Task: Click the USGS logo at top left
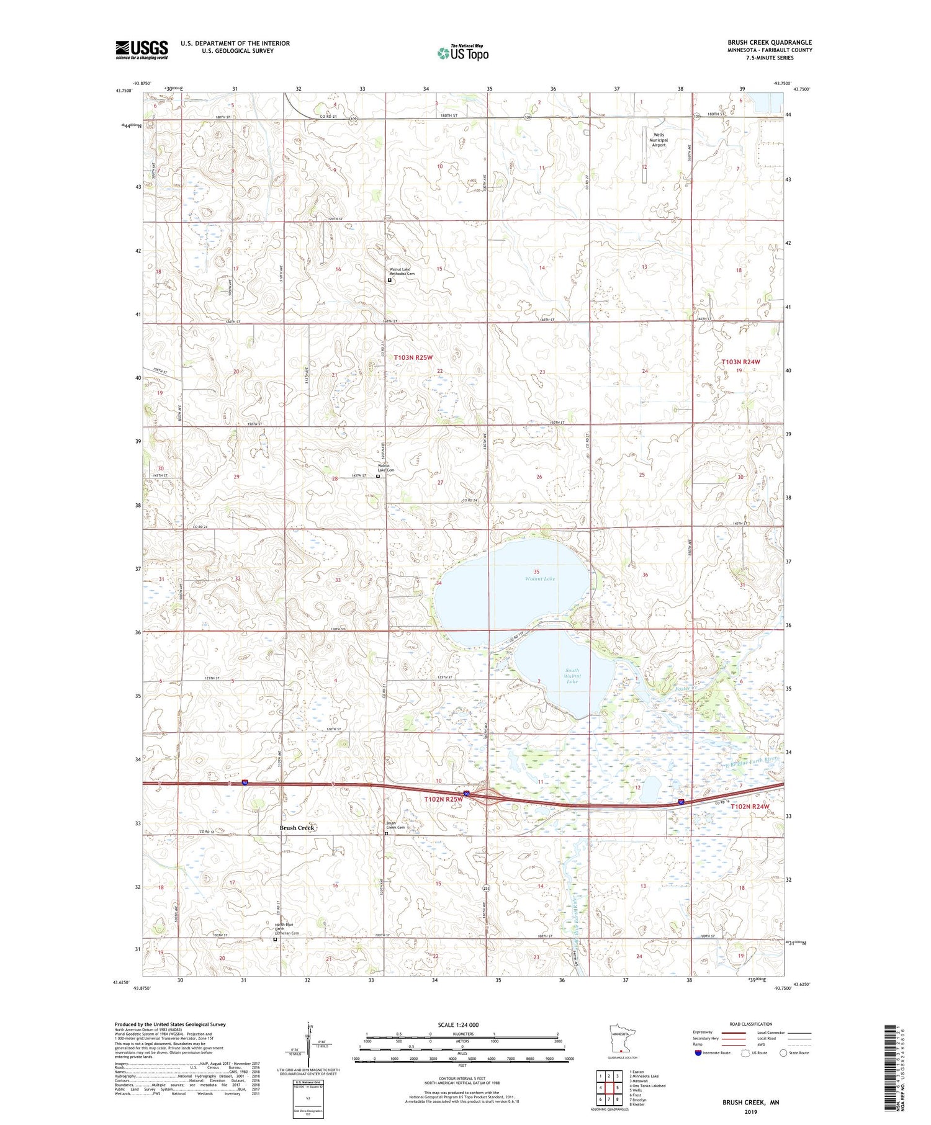tap(142, 50)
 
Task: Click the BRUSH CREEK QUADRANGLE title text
tap(770, 43)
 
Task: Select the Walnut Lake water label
tap(540, 578)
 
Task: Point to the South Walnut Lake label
tap(572, 676)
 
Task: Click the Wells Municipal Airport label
tap(658, 140)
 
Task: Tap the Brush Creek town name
tap(297, 828)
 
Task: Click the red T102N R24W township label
tap(750, 806)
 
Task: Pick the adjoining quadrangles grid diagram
tap(609, 1087)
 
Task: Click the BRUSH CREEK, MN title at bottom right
tap(750, 1102)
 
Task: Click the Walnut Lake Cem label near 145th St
tap(386, 468)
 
